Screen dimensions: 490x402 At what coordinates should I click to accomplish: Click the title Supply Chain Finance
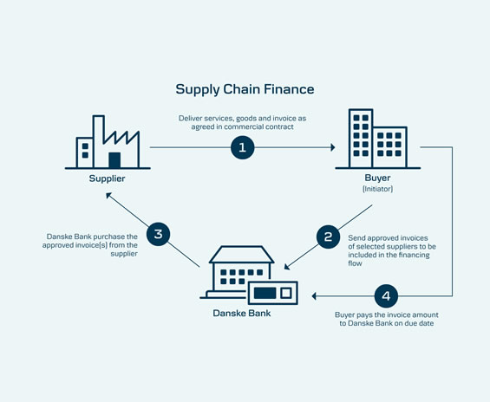tap(245, 89)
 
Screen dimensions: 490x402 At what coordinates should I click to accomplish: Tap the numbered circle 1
tap(243, 147)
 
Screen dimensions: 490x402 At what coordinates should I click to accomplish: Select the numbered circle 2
tap(328, 237)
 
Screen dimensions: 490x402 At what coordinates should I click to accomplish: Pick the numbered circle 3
tap(158, 234)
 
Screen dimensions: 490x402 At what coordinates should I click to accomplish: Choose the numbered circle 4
tap(386, 296)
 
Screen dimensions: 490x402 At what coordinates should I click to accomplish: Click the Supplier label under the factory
tap(107, 178)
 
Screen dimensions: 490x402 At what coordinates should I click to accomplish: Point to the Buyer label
tap(377, 178)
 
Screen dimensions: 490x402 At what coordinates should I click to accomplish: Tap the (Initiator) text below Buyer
tap(377, 189)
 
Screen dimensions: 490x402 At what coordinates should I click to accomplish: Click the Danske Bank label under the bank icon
tap(242, 313)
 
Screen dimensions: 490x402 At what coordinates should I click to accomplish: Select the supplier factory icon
tap(108, 142)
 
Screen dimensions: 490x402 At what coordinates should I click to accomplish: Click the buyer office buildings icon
tap(377, 139)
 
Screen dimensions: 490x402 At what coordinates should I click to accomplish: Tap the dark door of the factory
tap(114, 160)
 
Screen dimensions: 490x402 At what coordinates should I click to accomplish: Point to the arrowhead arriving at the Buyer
tap(333, 147)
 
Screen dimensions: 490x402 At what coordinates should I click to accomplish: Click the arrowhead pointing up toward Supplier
tap(108, 196)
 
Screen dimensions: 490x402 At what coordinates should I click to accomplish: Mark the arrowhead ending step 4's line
tap(314, 296)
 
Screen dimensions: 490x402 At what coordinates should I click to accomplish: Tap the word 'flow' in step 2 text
tap(355, 263)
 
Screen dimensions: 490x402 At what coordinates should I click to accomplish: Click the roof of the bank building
tap(242, 255)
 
